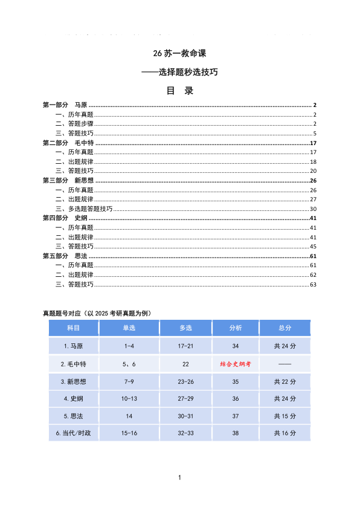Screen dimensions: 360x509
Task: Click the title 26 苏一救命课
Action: tap(179, 53)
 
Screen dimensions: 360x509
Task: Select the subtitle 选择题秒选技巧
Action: tap(179, 72)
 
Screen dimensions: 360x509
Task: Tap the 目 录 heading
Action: tap(179, 91)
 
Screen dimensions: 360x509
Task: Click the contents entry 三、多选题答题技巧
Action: tap(84, 209)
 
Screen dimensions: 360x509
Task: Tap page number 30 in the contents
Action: tap(313, 209)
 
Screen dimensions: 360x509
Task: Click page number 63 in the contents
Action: tap(313, 284)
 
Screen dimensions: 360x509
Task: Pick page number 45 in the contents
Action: tap(313, 246)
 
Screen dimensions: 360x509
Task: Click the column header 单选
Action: tap(129, 328)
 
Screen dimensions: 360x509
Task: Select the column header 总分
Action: tap(284, 328)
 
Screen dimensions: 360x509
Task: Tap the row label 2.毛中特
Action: tap(74, 364)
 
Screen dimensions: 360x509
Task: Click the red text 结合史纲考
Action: tap(236, 364)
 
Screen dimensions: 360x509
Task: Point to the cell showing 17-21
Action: tap(185, 346)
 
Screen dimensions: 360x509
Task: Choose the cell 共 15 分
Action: tap(284, 416)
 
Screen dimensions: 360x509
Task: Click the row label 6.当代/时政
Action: tap(74, 433)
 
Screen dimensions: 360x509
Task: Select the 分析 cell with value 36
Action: tap(236, 398)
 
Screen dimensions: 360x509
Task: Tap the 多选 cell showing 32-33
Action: tap(185, 433)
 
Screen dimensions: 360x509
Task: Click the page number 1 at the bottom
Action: tap(180, 478)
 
